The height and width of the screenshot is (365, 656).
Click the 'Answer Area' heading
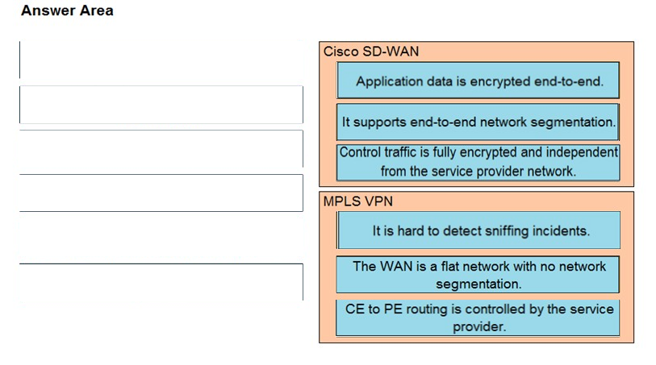(67, 10)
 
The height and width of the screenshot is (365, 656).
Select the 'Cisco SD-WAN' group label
(371, 52)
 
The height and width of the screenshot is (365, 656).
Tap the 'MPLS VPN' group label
(358, 201)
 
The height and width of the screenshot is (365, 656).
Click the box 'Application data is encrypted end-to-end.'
(478, 81)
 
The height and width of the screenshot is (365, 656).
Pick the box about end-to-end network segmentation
(478, 122)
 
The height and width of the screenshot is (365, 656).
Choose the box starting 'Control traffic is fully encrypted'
(478, 162)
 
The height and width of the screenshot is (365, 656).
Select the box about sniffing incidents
(478, 230)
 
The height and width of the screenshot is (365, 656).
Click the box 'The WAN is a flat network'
(478, 275)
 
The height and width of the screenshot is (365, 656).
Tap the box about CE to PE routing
(478, 317)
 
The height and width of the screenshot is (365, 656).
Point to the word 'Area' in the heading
(98, 10)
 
